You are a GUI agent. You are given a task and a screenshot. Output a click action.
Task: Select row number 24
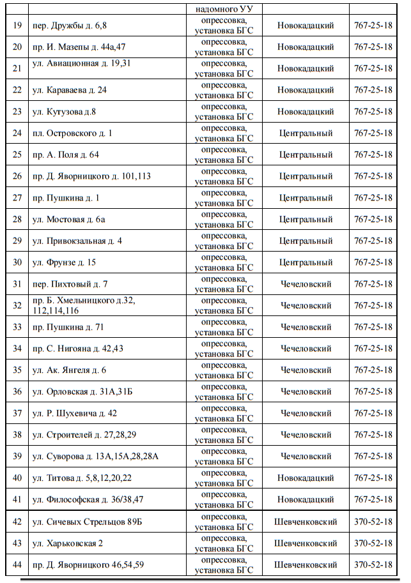point(17,133)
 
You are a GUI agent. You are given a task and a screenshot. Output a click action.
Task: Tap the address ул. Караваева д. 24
point(70,90)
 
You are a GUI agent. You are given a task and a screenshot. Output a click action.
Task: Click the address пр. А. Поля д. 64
point(65,155)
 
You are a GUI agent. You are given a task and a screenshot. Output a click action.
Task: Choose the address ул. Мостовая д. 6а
point(69,219)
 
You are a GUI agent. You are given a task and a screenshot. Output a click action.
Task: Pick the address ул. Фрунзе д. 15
point(64,262)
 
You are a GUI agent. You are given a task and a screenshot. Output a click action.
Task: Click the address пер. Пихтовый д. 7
point(70,284)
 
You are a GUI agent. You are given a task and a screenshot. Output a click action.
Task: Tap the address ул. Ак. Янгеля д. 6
point(69,370)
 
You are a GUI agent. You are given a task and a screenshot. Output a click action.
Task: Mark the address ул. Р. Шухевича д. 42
point(74,413)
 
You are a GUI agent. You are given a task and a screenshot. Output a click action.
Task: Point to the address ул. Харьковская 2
point(68,543)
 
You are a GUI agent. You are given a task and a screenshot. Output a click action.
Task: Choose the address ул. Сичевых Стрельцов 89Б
point(87,522)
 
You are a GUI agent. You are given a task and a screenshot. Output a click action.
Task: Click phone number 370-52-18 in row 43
point(373,543)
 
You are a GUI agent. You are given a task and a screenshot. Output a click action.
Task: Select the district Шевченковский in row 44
point(306,565)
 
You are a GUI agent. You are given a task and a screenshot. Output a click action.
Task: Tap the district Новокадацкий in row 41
point(306,499)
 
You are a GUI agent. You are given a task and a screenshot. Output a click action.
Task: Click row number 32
point(17,306)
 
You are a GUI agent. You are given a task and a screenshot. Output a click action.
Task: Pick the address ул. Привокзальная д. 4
point(77,241)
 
